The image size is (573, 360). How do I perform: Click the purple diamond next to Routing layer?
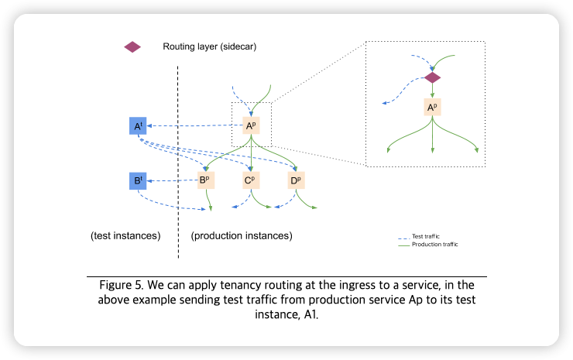[132, 46]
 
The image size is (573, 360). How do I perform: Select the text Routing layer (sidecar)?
[209, 46]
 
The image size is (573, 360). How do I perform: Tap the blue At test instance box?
[138, 125]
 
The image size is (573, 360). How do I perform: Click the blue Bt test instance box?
[138, 182]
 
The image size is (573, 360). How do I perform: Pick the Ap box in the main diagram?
[251, 125]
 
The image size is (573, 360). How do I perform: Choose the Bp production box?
[205, 182]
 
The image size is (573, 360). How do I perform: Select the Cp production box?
[250, 182]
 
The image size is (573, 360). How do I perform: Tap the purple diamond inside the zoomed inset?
[432, 78]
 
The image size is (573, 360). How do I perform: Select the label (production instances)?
[242, 235]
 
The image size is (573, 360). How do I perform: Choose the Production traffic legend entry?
[434, 245]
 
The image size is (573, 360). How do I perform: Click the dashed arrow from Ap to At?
[194, 125]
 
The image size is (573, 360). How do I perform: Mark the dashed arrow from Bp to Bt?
[171, 182]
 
